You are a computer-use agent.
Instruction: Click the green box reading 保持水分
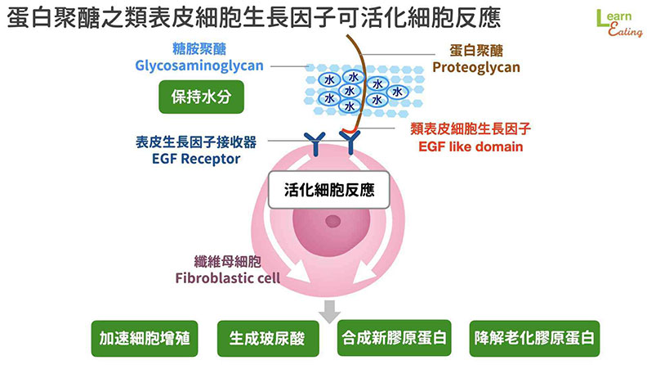click(201, 96)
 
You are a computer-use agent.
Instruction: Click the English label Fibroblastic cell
click(228, 277)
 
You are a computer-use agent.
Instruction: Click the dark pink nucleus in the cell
click(331, 221)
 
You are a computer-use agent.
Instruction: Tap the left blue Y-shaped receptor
click(312, 142)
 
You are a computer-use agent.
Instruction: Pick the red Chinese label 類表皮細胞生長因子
click(471, 128)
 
